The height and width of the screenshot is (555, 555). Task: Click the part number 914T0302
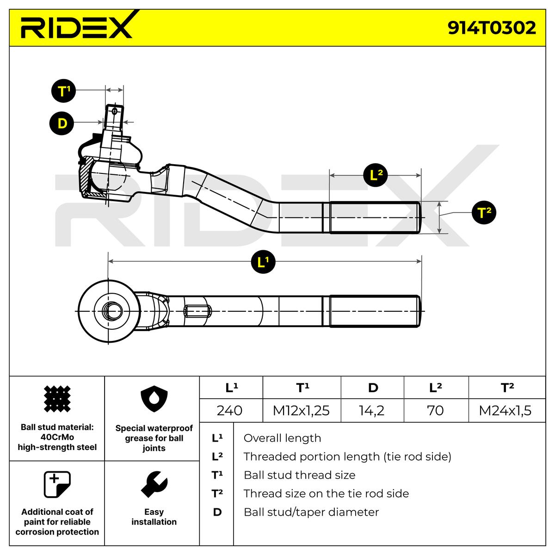point(491,28)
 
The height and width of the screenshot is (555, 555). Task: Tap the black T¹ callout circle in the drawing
point(63,91)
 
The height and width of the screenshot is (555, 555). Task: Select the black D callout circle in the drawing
point(62,123)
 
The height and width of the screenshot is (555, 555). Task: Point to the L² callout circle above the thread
point(375,175)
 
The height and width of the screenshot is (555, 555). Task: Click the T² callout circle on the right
point(484,213)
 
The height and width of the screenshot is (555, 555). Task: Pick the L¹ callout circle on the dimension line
point(263,262)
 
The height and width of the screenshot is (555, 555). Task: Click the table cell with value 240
point(229,411)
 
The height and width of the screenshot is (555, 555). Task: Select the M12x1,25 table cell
point(301,411)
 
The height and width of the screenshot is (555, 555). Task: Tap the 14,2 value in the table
point(372,411)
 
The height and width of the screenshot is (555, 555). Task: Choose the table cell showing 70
point(436,411)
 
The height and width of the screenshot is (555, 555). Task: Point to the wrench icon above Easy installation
point(154,484)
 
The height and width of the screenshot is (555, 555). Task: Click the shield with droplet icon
point(154,399)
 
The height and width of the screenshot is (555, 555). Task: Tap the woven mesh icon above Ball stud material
point(57,399)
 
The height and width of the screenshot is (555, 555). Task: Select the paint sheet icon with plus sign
point(57,484)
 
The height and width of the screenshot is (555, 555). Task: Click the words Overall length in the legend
point(282,438)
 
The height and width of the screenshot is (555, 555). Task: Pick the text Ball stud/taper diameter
point(311,512)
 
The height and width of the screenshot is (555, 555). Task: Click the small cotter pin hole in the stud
point(115,111)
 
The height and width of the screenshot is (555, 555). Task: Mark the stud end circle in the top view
point(112,311)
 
